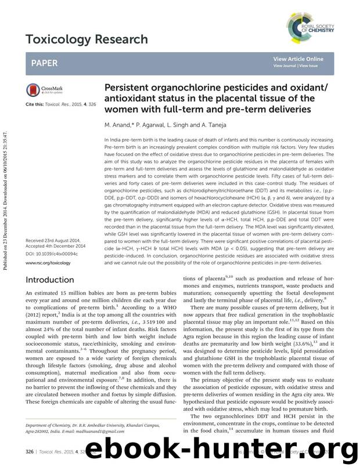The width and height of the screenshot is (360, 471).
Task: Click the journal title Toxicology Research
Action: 87,39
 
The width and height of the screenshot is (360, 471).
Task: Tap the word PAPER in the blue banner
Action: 45,62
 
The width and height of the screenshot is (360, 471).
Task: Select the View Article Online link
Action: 298,59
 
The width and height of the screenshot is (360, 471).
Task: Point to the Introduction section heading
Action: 50,280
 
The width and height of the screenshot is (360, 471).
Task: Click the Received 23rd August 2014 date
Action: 54,241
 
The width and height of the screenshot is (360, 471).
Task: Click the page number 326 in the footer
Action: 30,451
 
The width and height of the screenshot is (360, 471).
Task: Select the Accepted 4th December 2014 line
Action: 56,247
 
